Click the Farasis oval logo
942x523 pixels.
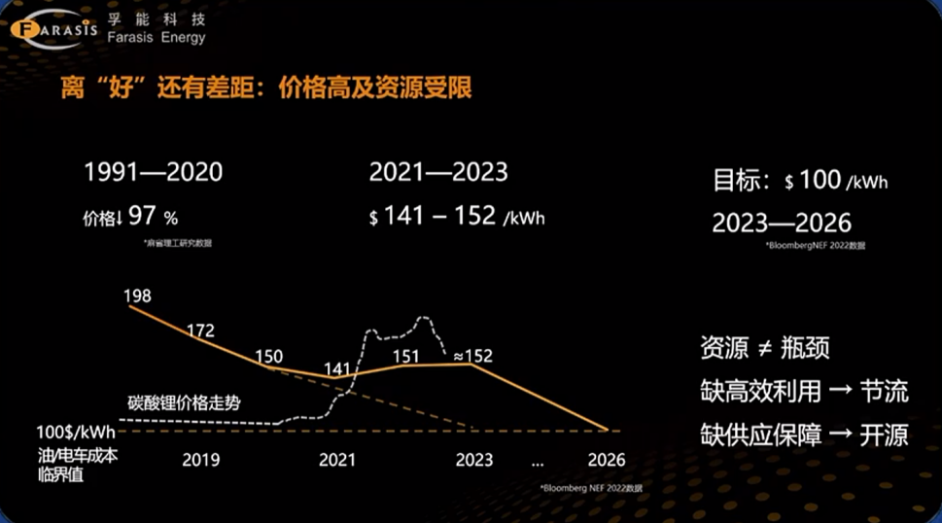pyautogui.click(x=53, y=28)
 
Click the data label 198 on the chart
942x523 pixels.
pyautogui.click(x=138, y=296)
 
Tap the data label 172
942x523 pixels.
pyautogui.click(x=200, y=331)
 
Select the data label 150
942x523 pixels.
pyautogui.click(x=268, y=357)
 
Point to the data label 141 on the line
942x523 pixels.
pyautogui.click(x=337, y=368)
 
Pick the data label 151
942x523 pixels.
pyautogui.click(x=405, y=356)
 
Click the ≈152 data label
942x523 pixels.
pyautogui.click(x=472, y=356)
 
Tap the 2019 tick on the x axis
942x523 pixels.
pyautogui.click(x=200, y=460)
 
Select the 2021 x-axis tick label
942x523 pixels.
pyautogui.click(x=336, y=460)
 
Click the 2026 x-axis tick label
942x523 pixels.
pyautogui.click(x=607, y=460)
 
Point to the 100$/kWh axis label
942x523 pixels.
pyautogui.click(x=76, y=433)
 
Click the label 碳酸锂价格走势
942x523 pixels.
pyautogui.click(x=184, y=402)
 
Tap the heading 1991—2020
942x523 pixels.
pyautogui.click(x=153, y=172)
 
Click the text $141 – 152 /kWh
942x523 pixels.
pyautogui.click(x=457, y=217)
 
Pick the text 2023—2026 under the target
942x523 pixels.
pyautogui.click(x=782, y=222)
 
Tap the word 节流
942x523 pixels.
pyautogui.click(x=884, y=391)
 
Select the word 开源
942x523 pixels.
pyautogui.click(x=884, y=434)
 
